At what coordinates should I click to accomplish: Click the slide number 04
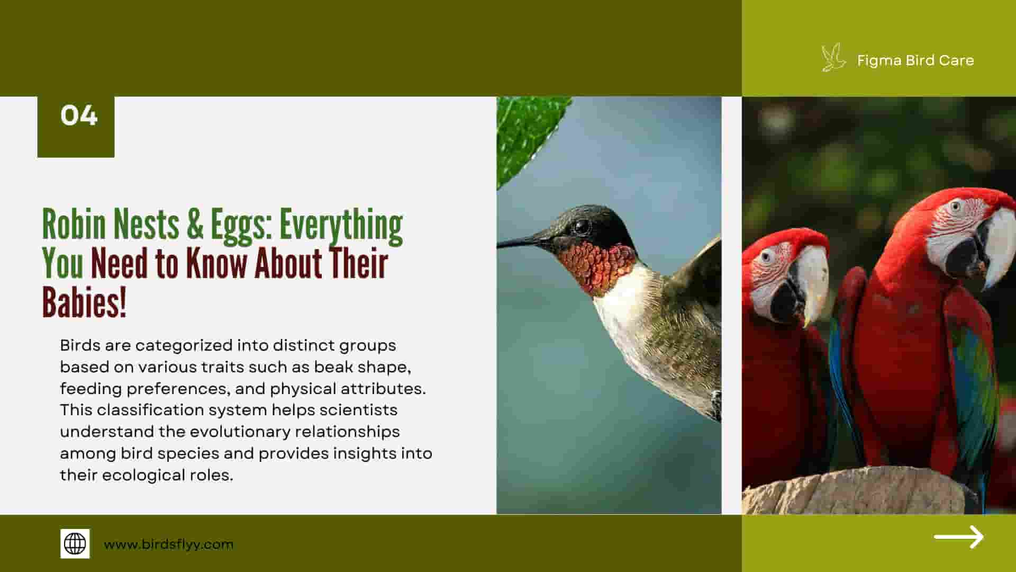click(79, 115)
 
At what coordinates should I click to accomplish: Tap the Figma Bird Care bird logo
click(833, 58)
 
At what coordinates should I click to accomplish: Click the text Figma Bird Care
click(915, 60)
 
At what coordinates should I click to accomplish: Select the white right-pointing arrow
click(958, 537)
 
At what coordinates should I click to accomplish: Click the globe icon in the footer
click(75, 543)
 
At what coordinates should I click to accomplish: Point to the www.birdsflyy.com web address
click(168, 544)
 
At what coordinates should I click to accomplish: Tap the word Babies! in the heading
click(84, 302)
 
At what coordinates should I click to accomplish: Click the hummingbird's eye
click(581, 227)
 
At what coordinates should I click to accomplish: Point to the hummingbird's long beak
click(524, 242)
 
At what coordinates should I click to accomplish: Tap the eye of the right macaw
click(955, 206)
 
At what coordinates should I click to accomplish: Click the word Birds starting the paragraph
click(80, 345)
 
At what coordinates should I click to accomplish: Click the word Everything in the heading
click(341, 226)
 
